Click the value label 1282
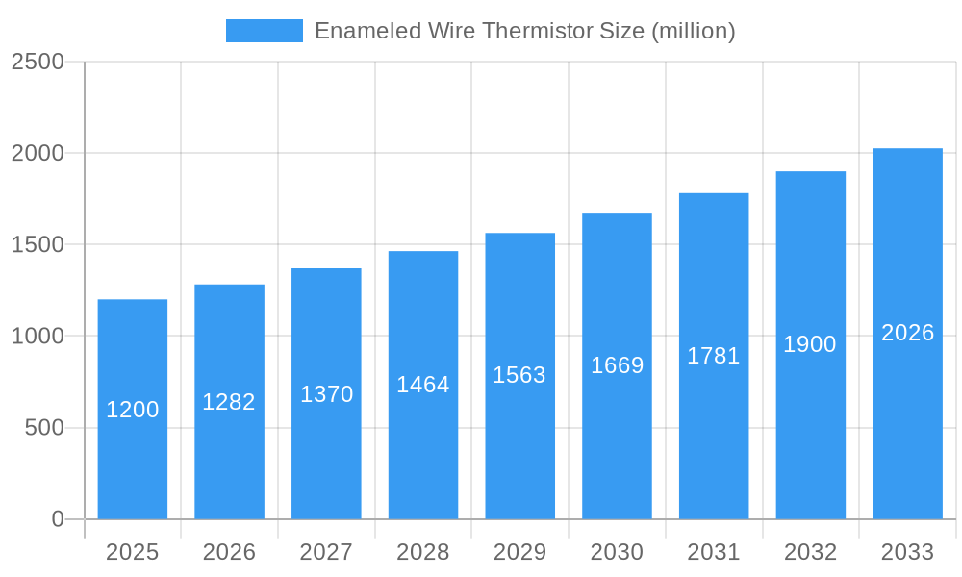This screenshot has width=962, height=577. (x=229, y=402)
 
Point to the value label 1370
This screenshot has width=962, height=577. (x=326, y=394)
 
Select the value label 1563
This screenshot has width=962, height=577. (x=519, y=375)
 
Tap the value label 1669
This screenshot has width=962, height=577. (x=617, y=365)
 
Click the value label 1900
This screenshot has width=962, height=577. (x=810, y=344)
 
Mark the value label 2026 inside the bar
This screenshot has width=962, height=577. (x=907, y=333)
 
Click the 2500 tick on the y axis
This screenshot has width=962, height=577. (x=38, y=62)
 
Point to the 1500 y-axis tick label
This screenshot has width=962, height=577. (x=38, y=244)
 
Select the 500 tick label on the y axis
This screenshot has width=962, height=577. (x=44, y=428)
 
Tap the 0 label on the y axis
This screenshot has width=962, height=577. (x=57, y=519)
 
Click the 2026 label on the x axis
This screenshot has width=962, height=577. (x=229, y=552)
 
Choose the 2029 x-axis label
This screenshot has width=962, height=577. (x=519, y=552)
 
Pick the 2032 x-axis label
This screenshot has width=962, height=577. (x=810, y=552)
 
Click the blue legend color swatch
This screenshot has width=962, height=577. (x=264, y=31)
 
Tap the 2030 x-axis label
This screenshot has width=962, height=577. (x=617, y=552)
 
